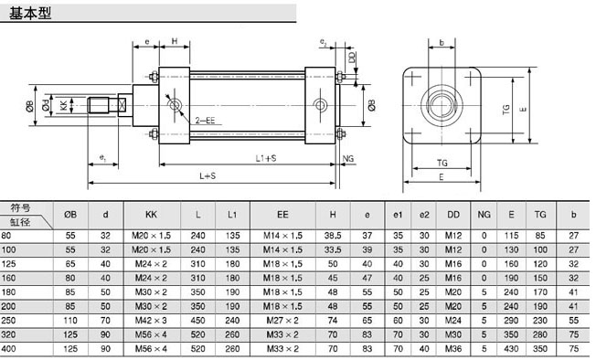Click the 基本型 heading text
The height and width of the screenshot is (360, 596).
29,13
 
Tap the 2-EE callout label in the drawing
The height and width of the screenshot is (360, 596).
205,121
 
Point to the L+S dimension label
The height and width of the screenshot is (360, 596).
208,175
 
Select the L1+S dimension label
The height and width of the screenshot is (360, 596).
266,158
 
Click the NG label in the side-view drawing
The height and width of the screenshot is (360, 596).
347,159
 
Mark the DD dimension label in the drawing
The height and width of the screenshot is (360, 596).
352,58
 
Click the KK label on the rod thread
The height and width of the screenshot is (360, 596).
64,105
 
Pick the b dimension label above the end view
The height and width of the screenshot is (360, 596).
442,43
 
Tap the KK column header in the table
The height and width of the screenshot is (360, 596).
151,215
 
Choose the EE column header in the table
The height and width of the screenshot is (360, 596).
282,215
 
